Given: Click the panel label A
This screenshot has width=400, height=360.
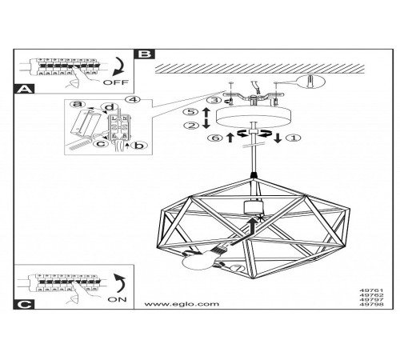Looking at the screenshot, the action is pos(24,89).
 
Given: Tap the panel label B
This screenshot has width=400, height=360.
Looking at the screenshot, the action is pos(145,54).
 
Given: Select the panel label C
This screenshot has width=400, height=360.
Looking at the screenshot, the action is pos(24,305).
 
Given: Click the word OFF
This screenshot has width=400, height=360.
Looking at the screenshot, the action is pos(116,82).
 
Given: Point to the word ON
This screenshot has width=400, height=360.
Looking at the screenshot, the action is pos(117,299).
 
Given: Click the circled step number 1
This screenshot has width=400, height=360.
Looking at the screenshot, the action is pos(293,138).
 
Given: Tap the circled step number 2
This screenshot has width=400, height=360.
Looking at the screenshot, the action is pos(192,126).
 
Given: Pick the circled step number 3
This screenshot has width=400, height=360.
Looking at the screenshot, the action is pos(214,100).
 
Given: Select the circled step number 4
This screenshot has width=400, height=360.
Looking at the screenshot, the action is pos(133,99).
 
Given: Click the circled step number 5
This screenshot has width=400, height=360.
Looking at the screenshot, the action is pos(191,111).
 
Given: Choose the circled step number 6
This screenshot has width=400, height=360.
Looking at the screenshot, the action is pos(215,138).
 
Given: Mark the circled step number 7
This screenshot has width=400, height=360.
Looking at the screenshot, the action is pos(237,268).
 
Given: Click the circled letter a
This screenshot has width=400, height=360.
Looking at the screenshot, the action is pos(78,104).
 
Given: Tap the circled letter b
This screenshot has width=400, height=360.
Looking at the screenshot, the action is pos(139,146).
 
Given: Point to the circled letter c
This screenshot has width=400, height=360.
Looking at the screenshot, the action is pos(101,144).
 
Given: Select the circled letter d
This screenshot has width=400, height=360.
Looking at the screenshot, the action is pos(110,107).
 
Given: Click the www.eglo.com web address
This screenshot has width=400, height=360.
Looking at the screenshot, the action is pos(182,304).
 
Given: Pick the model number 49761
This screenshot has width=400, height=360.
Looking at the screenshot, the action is pos(371,290).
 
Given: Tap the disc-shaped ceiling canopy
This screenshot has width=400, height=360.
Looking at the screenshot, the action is pos(254,117).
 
